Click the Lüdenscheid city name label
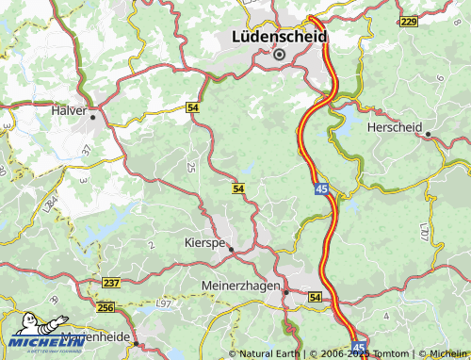(279, 37)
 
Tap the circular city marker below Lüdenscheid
(279, 55)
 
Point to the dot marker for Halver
(93, 118)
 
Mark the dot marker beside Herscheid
(428, 134)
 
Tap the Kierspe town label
(202, 242)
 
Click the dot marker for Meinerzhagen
(286, 292)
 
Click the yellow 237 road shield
(111, 283)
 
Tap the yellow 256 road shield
(105, 307)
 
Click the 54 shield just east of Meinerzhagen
(314, 298)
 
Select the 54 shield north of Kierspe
(238, 189)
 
